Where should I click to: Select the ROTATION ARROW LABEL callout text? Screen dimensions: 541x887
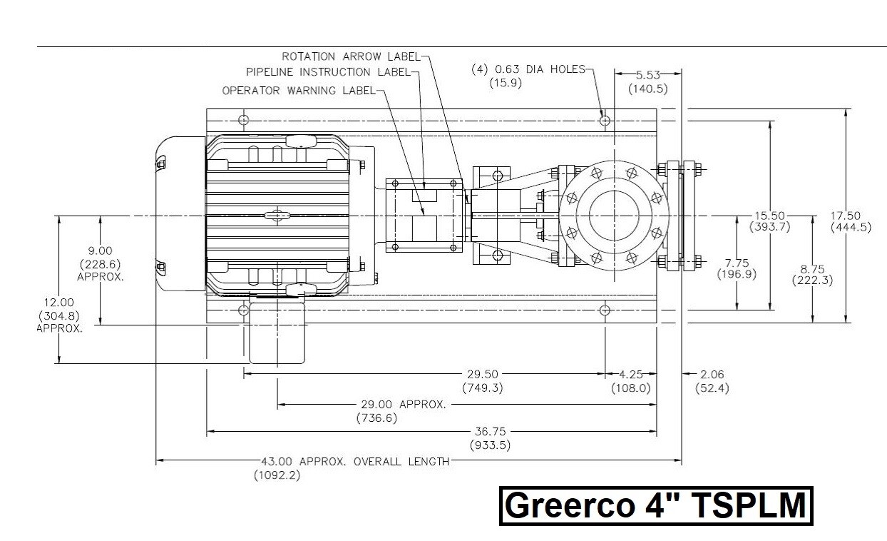[x=352, y=56]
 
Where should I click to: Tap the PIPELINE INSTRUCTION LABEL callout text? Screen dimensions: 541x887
[x=328, y=72]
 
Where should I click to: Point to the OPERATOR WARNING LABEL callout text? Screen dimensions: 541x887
[x=298, y=91]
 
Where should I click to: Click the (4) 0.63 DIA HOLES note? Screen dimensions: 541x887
[x=528, y=69]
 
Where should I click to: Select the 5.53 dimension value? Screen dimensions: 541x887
[x=647, y=74]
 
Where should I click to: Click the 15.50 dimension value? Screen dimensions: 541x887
[x=769, y=216]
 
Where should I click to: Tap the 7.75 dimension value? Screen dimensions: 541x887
[x=737, y=263]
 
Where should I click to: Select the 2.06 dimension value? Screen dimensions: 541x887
[x=712, y=374]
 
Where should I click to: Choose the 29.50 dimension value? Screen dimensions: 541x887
[x=483, y=374]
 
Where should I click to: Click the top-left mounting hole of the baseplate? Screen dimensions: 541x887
[x=244, y=119]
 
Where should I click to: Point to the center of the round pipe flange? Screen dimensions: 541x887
[x=613, y=216]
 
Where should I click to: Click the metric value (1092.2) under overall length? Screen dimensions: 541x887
[x=277, y=475]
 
